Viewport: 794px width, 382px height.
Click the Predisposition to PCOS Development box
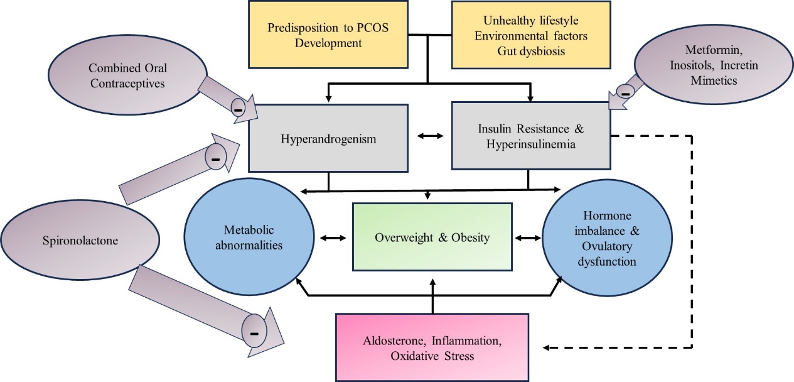click(314, 35)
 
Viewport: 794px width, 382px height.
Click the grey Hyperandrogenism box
click(329, 139)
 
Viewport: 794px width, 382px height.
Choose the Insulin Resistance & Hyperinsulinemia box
click(530, 137)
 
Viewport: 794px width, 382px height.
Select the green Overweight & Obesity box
click(432, 237)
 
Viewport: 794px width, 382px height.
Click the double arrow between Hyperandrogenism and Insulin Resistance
click(430, 136)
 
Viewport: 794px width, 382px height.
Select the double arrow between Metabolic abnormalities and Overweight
click(333, 238)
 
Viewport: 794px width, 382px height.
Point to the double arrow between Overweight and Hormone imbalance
click(528, 238)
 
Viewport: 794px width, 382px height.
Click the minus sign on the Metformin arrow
click(625, 92)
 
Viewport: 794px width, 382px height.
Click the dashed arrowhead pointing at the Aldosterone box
click(547, 347)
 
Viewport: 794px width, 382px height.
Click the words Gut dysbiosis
click(520, 51)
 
